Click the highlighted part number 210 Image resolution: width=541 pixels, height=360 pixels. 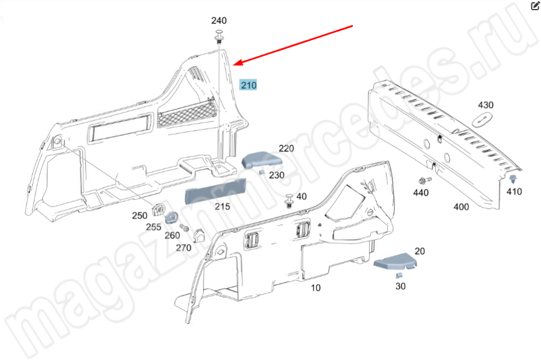[249, 85]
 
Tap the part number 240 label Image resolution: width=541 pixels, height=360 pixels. [219, 21]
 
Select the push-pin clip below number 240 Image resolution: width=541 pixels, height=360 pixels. [219, 38]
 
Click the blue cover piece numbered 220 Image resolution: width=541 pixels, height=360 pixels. [260, 160]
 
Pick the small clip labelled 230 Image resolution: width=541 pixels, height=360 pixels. [261, 172]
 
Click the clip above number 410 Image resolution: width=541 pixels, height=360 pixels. [513, 179]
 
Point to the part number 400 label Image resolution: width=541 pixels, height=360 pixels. [461, 207]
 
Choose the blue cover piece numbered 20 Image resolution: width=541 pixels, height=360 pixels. [396, 261]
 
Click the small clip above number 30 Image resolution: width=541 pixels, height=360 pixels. [399, 275]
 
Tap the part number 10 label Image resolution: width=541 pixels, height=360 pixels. [315, 288]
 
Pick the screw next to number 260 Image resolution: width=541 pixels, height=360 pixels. [184, 228]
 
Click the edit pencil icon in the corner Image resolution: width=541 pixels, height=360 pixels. [535, 6]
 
